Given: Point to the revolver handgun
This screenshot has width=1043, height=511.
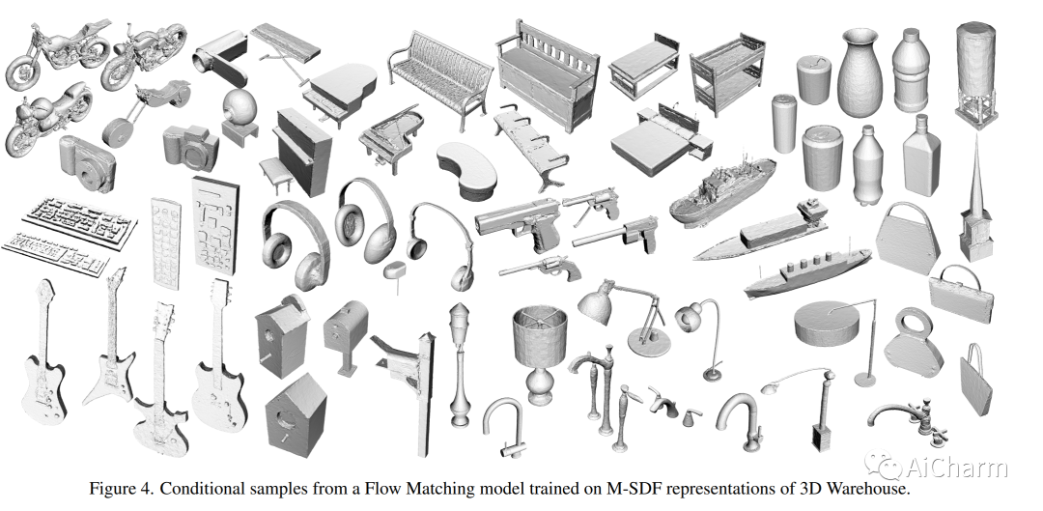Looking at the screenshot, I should coord(538,266).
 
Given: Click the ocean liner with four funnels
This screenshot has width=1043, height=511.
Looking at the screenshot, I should coord(807,272).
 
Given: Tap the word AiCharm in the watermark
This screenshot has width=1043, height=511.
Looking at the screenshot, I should coord(956,468).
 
